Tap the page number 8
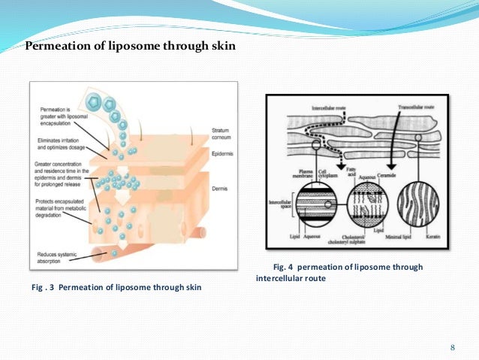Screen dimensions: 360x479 click(452, 346)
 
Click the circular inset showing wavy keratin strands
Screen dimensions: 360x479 click(412, 203)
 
